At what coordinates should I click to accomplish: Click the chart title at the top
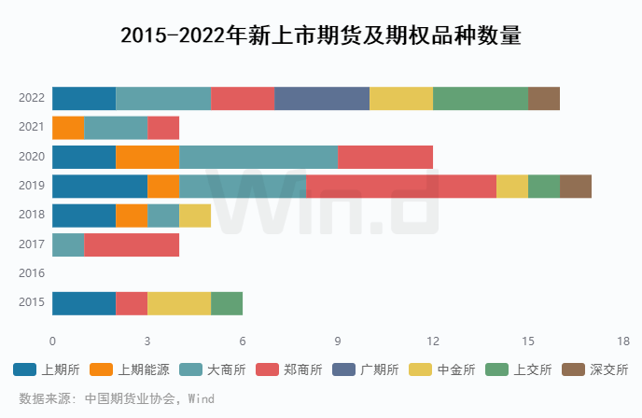[321, 36]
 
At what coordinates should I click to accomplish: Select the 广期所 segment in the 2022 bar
[322, 98]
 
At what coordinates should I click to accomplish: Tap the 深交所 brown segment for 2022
[544, 98]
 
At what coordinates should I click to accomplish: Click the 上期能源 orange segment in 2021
[68, 128]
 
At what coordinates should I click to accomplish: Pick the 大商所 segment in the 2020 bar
[258, 157]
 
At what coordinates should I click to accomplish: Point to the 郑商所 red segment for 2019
[401, 187]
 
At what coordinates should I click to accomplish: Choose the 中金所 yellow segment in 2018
[195, 216]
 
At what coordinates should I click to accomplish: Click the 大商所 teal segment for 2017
[68, 245]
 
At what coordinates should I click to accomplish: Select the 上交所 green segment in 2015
[227, 303]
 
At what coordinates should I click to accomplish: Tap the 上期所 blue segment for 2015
[84, 303]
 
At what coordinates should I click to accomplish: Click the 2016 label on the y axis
[32, 274]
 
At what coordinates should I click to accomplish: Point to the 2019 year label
[32, 187]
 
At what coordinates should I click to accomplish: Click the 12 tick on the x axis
[433, 341]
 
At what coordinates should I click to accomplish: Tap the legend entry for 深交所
[596, 369]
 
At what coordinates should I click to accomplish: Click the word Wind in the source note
[202, 398]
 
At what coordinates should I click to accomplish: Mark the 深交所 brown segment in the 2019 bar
[576, 187]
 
